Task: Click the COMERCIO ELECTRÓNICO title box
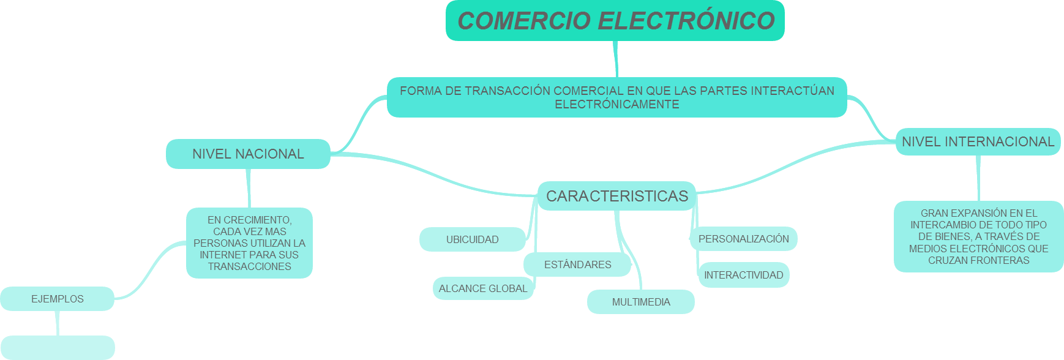[x=615, y=21]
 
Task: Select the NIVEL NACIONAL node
[x=248, y=154]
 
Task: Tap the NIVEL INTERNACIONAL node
[x=978, y=141]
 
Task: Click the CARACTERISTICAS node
[x=616, y=196]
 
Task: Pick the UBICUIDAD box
[x=472, y=239]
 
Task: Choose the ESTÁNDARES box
[x=577, y=264]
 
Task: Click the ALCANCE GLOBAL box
[x=482, y=288]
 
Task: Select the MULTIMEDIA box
[x=640, y=302]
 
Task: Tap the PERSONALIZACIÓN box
[x=743, y=239]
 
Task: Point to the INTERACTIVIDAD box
[x=743, y=275]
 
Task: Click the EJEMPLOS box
[x=58, y=299]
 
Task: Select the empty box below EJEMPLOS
[x=58, y=347]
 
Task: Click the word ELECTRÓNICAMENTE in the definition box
[x=616, y=105]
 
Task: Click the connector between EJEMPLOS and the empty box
[x=58, y=323]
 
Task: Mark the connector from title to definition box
[x=616, y=59]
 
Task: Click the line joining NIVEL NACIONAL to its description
[x=249, y=188]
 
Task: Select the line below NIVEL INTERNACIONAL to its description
[x=978, y=178]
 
